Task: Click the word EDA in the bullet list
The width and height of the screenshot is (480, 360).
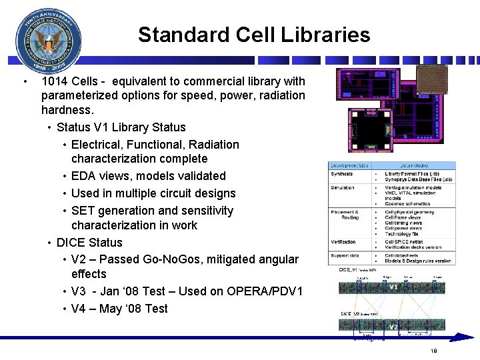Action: pos(83,176)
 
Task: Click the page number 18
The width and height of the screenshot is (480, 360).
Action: pos(433,351)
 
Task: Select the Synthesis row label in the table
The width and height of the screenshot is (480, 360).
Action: pos(342,174)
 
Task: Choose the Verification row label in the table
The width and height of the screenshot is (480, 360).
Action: pos(343,242)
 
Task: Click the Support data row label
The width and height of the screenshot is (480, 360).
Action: pos(345,255)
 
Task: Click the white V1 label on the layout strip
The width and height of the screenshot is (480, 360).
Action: pos(393,287)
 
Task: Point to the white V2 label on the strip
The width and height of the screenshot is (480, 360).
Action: pos(393,327)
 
